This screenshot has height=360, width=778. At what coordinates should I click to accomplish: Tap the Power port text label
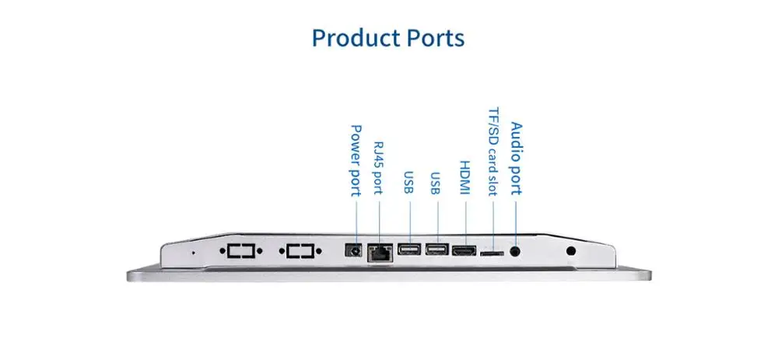click(x=356, y=159)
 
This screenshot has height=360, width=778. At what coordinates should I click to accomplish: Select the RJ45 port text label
click(x=379, y=168)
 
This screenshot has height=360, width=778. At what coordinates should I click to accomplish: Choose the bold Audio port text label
click(x=516, y=158)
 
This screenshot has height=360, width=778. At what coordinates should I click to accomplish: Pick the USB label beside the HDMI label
click(x=436, y=182)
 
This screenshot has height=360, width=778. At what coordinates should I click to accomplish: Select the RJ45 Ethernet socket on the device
click(x=380, y=251)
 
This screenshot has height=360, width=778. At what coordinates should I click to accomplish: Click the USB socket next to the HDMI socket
click(x=436, y=250)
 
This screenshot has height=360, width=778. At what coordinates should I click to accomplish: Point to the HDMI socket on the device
click(x=464, y=251)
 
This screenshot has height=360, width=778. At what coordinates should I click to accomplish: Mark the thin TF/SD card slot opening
click(x=491, y=253)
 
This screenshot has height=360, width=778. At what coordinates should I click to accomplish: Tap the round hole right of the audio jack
click(x=572, y=250)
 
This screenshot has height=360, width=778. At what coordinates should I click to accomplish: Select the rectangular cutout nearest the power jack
click(x=300, y=251)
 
